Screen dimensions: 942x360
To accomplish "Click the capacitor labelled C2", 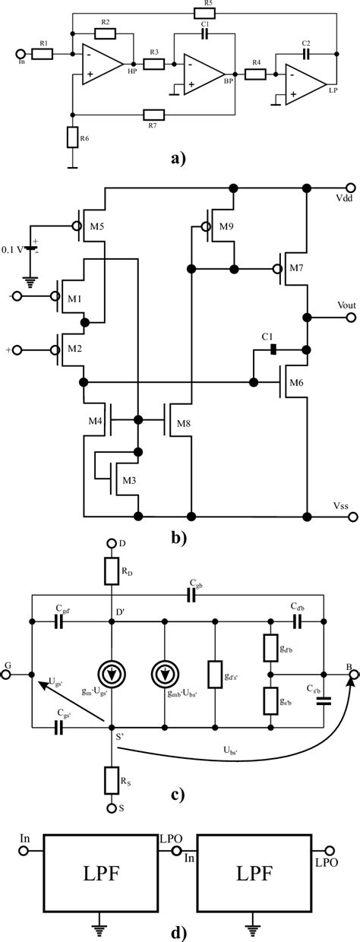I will point(306,55).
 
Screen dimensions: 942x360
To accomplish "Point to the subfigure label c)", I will point(179,795).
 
